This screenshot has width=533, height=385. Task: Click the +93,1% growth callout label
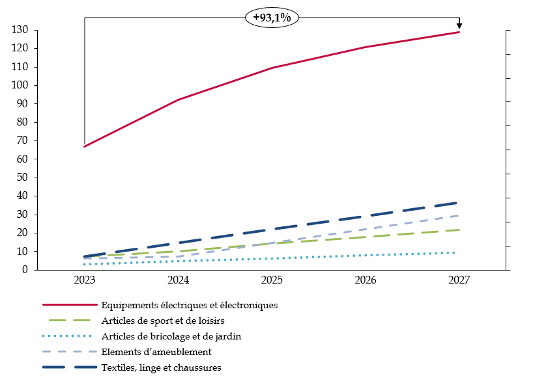click(x=272, y=18)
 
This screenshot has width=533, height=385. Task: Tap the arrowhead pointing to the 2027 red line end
click(x=459, y=27)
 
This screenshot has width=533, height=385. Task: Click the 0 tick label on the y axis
click(x=25, y=270)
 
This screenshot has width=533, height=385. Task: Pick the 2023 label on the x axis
click(x=85, y=281)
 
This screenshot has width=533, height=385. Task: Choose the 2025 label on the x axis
click(x=272, y=281)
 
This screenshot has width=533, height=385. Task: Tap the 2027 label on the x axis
click(x=459, y=281)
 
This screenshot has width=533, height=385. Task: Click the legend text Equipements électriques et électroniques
click(x=190, y=304)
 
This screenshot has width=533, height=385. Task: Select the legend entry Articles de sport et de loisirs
click(x=163, y=320)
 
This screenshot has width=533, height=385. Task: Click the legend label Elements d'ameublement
click(x=156, y=352)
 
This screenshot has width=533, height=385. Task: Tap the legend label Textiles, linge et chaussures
click(x=161, y=367)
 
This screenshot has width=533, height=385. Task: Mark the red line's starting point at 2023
click(x=85, y=146)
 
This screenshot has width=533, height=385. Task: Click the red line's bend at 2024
click(x=179, y=100)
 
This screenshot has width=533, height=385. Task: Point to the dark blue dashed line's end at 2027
click(x=458, y=203)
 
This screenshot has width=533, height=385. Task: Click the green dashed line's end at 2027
click(x=458, y=230)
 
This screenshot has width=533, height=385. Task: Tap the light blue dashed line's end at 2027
click(x=458, y=215)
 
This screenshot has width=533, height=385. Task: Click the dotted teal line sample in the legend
click(x=68, y=336)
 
